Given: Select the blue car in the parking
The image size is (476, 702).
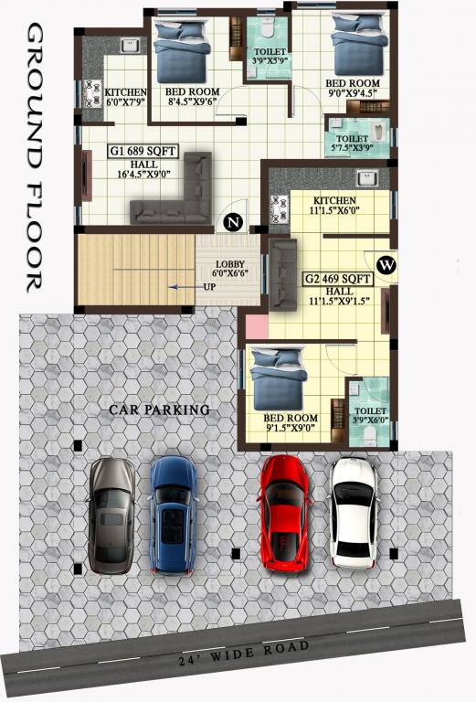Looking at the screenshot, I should pos(172,514).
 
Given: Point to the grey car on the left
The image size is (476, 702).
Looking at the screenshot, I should pos(112,514).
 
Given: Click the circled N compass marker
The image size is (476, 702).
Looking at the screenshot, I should pos(234,221).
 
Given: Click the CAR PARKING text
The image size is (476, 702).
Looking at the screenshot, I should pos(160,409).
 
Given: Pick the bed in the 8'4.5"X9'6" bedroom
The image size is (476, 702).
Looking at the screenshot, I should pos(181,50).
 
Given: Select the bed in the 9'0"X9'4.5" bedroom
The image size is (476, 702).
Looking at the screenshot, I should pos(353,45).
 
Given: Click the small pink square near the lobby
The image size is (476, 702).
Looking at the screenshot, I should pos(256,326).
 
